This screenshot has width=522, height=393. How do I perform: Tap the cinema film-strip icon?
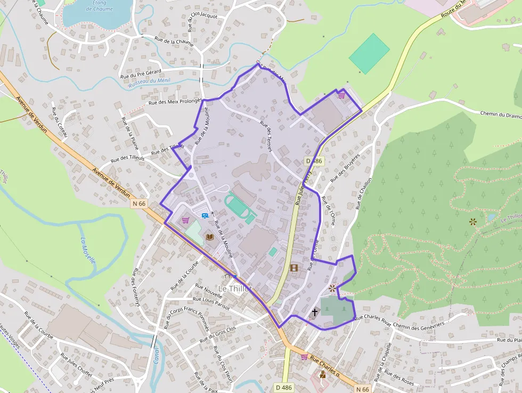294,267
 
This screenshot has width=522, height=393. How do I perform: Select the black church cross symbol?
315,311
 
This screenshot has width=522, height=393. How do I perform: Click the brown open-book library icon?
210,236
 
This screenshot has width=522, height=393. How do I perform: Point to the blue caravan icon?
205,216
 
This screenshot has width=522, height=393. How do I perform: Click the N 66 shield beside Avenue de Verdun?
139,203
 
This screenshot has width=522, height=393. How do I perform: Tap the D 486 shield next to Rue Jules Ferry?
314,161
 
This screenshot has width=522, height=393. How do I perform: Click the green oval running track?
240,207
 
